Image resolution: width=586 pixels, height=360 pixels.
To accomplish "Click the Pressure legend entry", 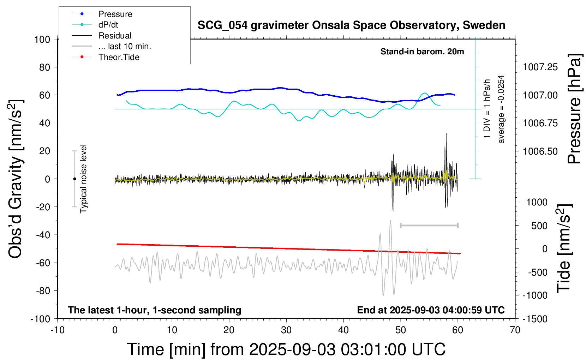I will point(115,14).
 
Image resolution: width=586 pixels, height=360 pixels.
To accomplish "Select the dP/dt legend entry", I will point(108,25).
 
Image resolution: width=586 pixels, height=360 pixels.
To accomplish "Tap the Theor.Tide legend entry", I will point(119,57).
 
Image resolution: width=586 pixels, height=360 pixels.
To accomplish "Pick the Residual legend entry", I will point(115,36).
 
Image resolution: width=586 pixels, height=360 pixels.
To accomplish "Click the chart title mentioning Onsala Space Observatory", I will point(351,25).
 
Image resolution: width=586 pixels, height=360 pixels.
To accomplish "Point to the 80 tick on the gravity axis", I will point(44,67).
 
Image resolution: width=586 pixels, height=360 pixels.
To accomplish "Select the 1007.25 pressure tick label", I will point(540,67).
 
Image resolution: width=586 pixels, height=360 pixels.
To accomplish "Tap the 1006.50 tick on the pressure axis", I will point(540,151).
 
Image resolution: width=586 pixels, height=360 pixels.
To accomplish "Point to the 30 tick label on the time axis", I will point(286,330).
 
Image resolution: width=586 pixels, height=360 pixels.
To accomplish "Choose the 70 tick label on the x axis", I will point(515,330).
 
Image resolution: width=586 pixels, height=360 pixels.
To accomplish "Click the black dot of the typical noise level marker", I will point(74,179).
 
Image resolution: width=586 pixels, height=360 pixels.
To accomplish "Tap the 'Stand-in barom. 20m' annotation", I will point(422,52).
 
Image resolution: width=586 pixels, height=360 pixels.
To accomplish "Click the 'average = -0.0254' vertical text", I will point(501,109).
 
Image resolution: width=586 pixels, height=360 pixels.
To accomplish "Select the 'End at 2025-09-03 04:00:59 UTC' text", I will point(431,310).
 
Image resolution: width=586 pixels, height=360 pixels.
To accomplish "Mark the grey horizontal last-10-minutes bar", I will point(429,225).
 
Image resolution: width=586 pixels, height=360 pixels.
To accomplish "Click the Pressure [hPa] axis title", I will point(574,109).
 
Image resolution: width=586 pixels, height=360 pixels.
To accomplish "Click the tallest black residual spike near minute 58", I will point(447,134).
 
